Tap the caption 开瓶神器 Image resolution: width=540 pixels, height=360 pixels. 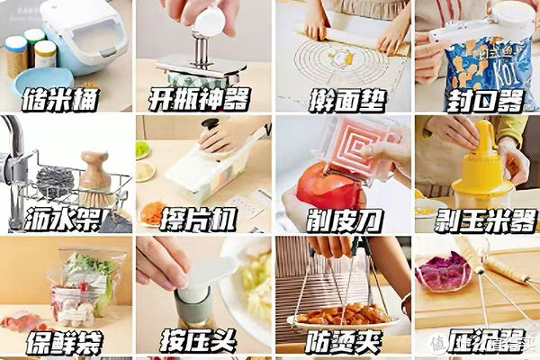coord(200,98)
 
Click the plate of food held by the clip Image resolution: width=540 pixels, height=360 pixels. coord(342,315)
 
